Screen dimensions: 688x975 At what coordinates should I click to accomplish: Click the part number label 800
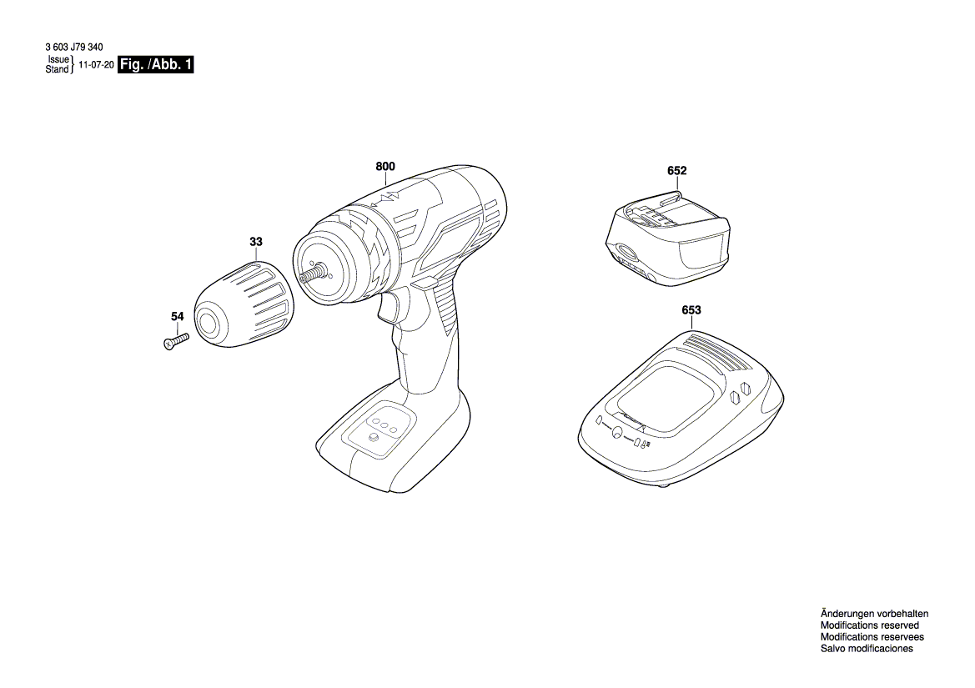point(384,167)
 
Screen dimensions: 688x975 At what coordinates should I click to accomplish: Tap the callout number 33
point(255,242)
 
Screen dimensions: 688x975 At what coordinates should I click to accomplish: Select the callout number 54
point(177,317)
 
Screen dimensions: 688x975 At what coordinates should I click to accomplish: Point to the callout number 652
point(676,171)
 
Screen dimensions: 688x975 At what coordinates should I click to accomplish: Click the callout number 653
point(691,310)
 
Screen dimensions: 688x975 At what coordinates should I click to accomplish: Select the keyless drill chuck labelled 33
point(245,304)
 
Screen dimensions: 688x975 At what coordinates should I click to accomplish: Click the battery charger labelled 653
point(681,408)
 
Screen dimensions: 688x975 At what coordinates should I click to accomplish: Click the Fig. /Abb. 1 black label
point(156,65)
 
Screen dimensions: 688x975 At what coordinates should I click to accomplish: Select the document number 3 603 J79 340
point(75,50)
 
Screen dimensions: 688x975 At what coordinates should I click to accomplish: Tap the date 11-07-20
point(96,65)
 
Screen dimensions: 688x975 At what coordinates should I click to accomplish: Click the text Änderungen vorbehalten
point(873,613)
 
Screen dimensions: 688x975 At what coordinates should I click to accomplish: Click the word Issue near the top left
point(58,61)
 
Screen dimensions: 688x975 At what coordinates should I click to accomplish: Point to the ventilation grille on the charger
point(718,353)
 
